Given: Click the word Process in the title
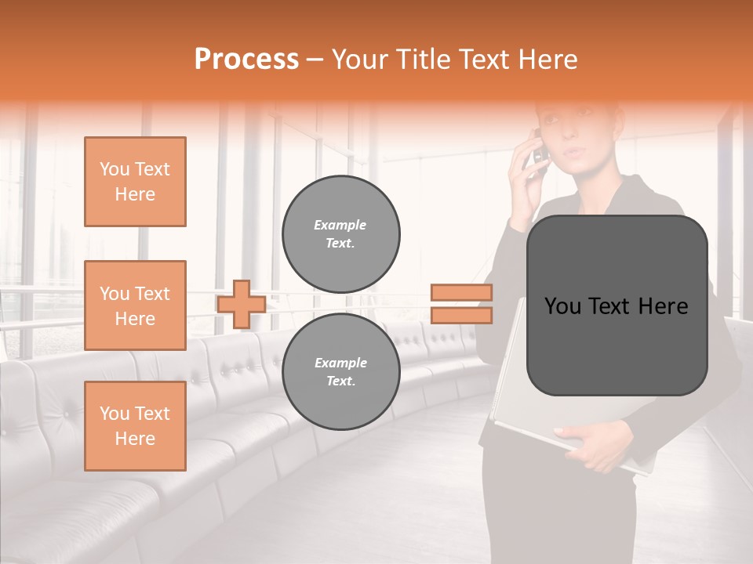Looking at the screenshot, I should coord(246,60).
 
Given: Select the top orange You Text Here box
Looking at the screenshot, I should coord(135,182).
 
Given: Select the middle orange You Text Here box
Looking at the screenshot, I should coord(135,305).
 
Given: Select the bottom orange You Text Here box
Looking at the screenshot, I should coord(135,426).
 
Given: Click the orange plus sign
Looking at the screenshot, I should coord(242,304).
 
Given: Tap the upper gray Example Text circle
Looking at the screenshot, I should coord(341,234).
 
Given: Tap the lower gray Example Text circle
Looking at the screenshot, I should coord(341,372).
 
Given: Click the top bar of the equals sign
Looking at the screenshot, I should coord(462,293).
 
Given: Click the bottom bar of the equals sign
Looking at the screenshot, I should coord(462,316).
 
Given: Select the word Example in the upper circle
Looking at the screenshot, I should coord(340,225).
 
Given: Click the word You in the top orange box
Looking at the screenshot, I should coord(115,169).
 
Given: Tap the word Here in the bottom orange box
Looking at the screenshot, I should coord(135,439).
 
